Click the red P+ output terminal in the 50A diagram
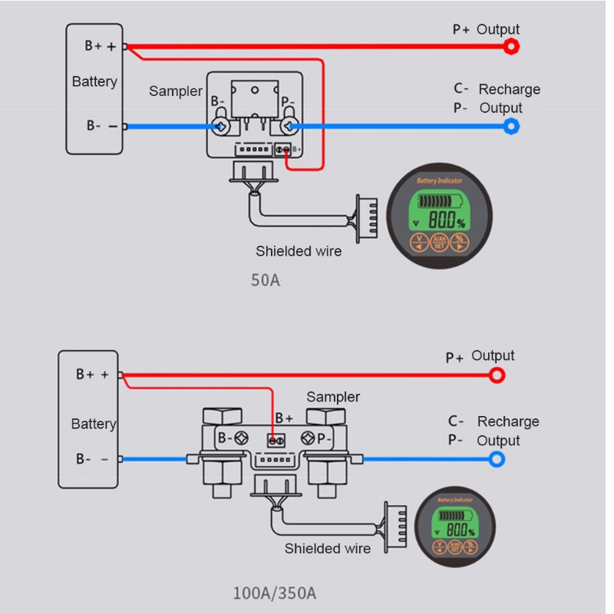tap(511, 46)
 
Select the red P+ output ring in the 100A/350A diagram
tap(497, 375)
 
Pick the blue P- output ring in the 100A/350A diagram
tap(497, 460)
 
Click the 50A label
tap(266, 280)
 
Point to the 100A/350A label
tap(275, 593)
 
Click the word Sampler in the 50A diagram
tap(176, 91)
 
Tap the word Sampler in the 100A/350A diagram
tap(333, 397)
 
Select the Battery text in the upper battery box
tap(94, 81)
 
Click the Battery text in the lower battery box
tap(94, 424)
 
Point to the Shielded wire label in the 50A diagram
tap(299, 251)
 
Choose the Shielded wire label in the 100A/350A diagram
tap(328, 548)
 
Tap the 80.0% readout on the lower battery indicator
tap(459, 530)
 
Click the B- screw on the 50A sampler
tap(220, 126)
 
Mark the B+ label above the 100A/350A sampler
tap(284, 418)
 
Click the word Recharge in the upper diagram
tap(509, 89)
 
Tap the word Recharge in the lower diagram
tap(508, 421)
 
